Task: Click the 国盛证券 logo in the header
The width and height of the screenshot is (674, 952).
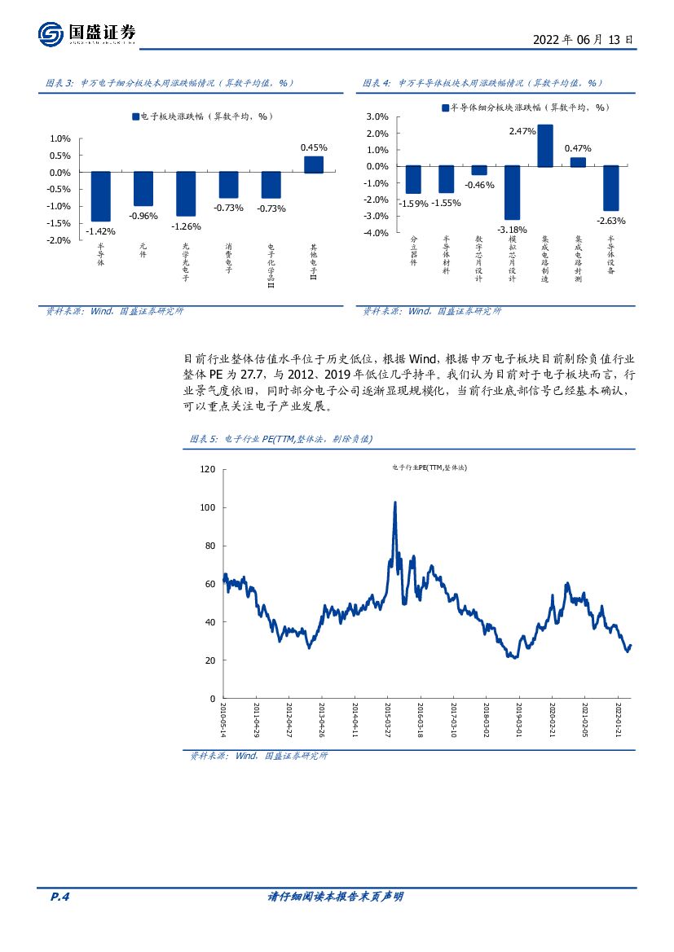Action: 86,33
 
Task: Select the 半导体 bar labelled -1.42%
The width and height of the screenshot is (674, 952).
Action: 100,196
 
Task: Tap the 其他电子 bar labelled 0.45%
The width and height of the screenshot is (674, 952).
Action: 314,165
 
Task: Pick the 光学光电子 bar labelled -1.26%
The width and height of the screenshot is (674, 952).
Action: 186,194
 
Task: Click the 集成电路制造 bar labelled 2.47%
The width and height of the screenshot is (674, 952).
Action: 544,146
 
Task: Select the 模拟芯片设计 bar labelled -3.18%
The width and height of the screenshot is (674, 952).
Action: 512,192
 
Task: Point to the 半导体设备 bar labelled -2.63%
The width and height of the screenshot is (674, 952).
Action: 610,188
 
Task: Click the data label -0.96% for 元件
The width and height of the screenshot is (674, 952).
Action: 143,216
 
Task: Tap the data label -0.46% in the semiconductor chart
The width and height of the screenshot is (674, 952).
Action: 479,185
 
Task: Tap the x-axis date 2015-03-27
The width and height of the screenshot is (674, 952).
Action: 388,721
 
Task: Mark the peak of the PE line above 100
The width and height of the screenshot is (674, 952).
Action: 395,502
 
